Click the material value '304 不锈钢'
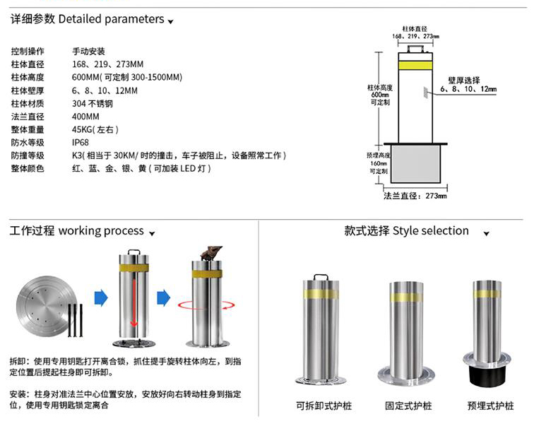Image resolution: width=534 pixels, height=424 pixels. [92, 104]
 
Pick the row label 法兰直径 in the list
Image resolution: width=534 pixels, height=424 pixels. [28, 117]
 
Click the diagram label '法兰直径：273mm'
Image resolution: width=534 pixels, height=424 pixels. [415, 196]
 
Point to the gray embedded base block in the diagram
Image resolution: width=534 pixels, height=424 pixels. [415, 163]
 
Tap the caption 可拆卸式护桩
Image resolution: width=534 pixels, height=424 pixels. [324, 406]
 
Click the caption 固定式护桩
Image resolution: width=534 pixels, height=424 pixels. [408, 406]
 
